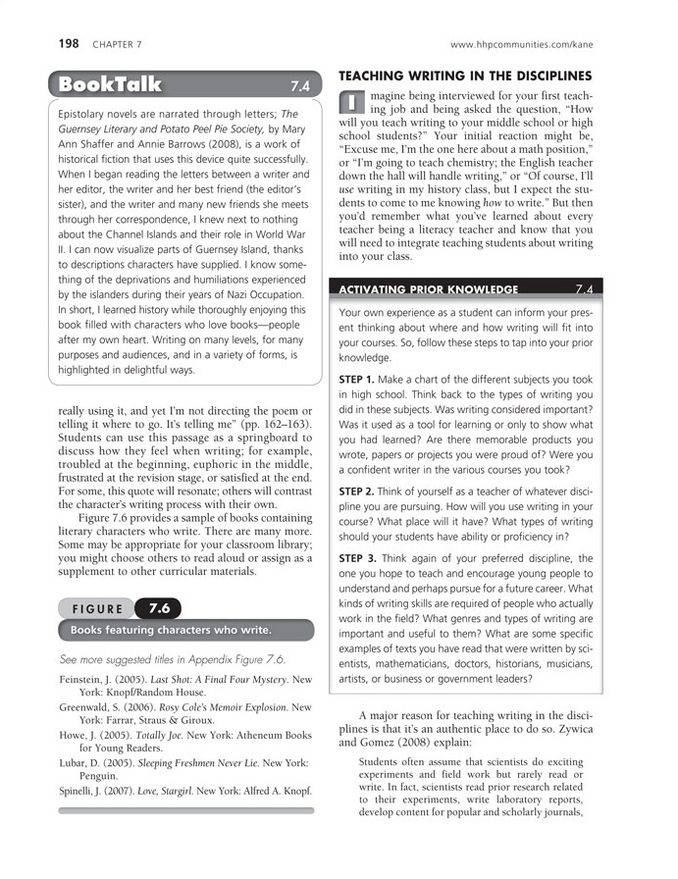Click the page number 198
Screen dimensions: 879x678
click(x=69, y=44)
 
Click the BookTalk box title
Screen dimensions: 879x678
click(x=110, y=84)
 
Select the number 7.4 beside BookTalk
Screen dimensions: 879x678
click(x=300, y=85)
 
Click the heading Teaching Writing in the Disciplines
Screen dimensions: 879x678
click(x=465, y=76)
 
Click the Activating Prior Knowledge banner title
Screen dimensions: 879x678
click(x=428, y=289)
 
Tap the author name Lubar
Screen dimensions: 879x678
click(x=76, y=762)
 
